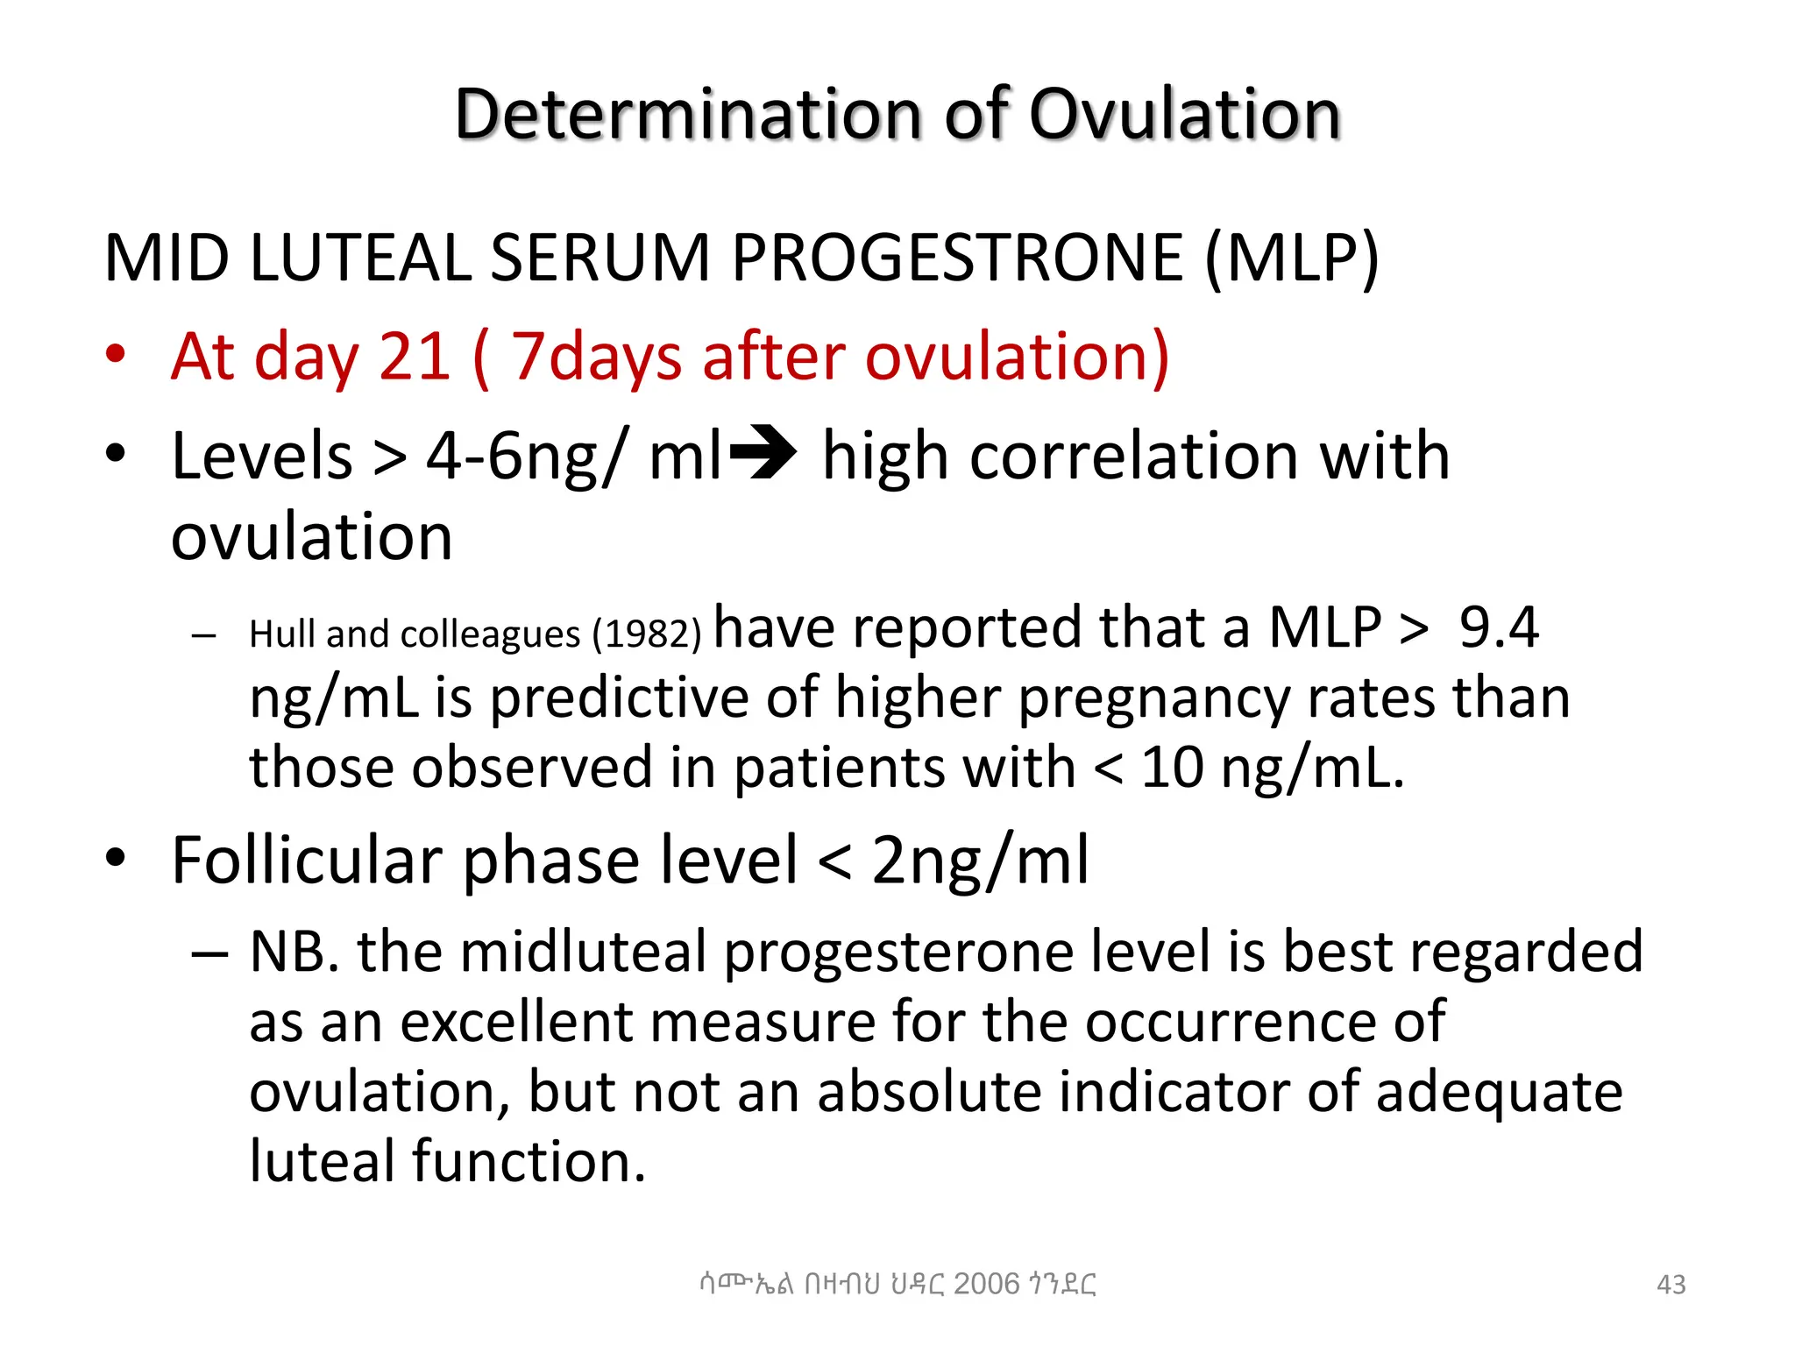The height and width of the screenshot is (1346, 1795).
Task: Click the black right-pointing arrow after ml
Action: pos(763,453)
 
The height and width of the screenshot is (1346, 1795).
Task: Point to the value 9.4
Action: pos(1498,627)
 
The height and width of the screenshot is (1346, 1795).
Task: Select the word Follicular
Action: pos(307,860)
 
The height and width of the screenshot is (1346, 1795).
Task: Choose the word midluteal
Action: pos(583,953)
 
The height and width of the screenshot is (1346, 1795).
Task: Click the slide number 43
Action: pos(1671,1285)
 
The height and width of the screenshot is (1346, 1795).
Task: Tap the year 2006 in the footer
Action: pos(986,1284)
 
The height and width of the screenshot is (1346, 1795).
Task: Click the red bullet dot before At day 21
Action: pos(115,355)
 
